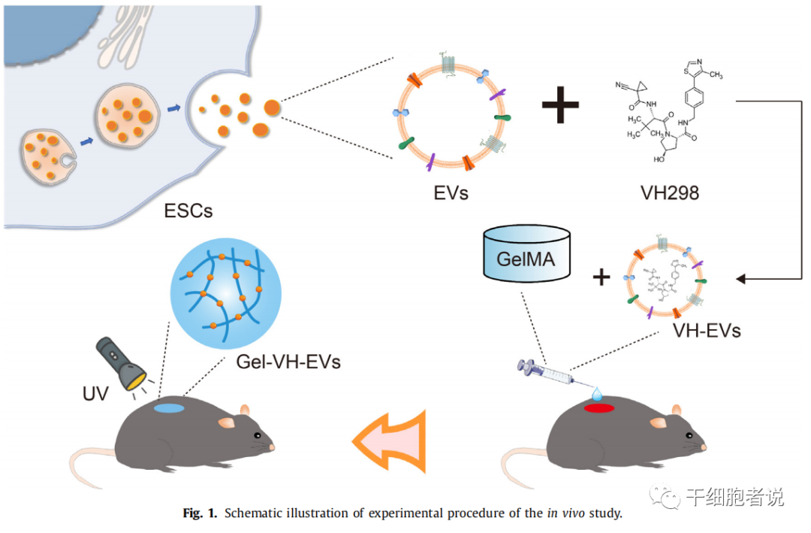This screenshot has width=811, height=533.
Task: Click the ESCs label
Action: tap(188, 210)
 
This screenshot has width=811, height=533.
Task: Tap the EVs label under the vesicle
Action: tap(452, 192)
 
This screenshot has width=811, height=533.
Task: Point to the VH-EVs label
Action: tap(705, 329)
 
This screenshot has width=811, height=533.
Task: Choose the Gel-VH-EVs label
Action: tap(288, 362)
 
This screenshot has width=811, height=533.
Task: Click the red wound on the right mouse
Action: tap(599, 407)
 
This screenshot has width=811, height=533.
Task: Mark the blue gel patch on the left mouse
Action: tap(170, 408)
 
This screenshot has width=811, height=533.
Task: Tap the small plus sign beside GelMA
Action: tap(601, 278)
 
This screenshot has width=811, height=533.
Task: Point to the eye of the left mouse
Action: tap(258, 435)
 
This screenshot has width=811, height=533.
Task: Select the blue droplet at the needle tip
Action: tap(598, 393)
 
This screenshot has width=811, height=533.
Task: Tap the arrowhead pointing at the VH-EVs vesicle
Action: tap(740, 279)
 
